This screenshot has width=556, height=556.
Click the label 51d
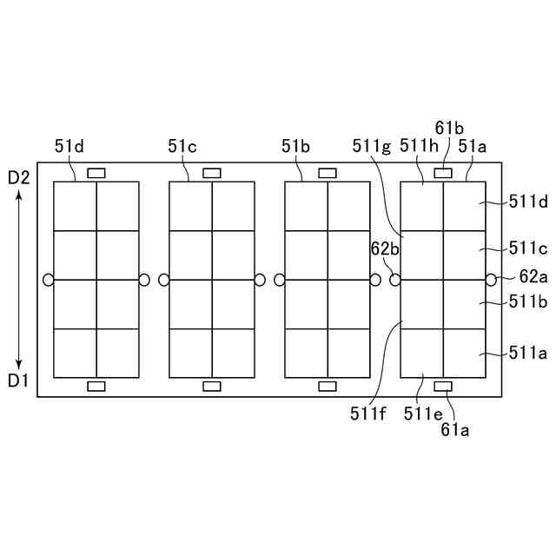point(69,147)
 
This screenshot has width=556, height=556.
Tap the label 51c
point(182,147)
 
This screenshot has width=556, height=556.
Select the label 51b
point(295,147)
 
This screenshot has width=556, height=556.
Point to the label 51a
point(473,147)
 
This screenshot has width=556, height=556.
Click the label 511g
point(372,147)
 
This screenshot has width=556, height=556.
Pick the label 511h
point(418,147)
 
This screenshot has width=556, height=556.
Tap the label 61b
point(451,129)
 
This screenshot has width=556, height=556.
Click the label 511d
point(528,202)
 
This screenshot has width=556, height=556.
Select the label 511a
point(528,353)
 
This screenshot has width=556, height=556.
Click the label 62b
point(385,249)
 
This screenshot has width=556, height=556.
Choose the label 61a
point(455,428)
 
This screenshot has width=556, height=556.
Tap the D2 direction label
point(19,178)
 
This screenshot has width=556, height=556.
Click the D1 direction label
point(19,380)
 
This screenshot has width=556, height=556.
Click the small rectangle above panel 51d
point(96,173)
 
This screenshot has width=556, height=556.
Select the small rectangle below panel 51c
point(211,386)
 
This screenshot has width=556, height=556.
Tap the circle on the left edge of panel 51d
point(48,280)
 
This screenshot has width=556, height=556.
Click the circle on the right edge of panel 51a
point(491,280)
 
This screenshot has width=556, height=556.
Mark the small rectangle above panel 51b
point(328,173)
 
